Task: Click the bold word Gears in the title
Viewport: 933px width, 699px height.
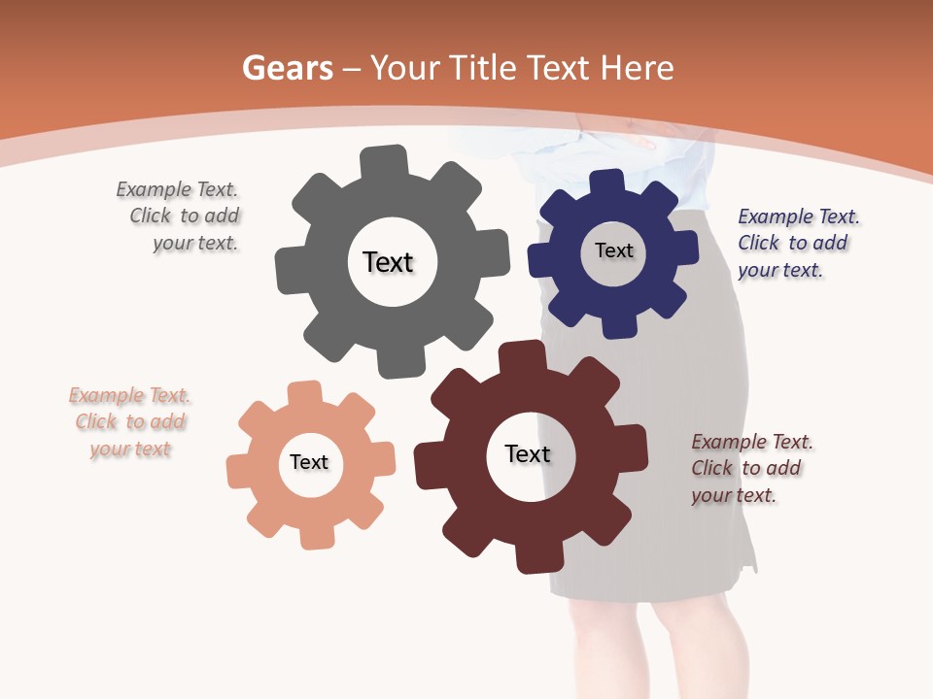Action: coord(287,68)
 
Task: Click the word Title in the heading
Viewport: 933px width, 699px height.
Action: coord(487,68)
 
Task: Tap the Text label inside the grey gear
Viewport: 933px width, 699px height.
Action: coord(388,262)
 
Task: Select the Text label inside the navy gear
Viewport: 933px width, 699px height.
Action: coord(613,250)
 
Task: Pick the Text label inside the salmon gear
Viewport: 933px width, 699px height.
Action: coord(309,463)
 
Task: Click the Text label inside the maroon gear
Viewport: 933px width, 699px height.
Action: coord(528,454)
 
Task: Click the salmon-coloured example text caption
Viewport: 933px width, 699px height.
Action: coord(130,422)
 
